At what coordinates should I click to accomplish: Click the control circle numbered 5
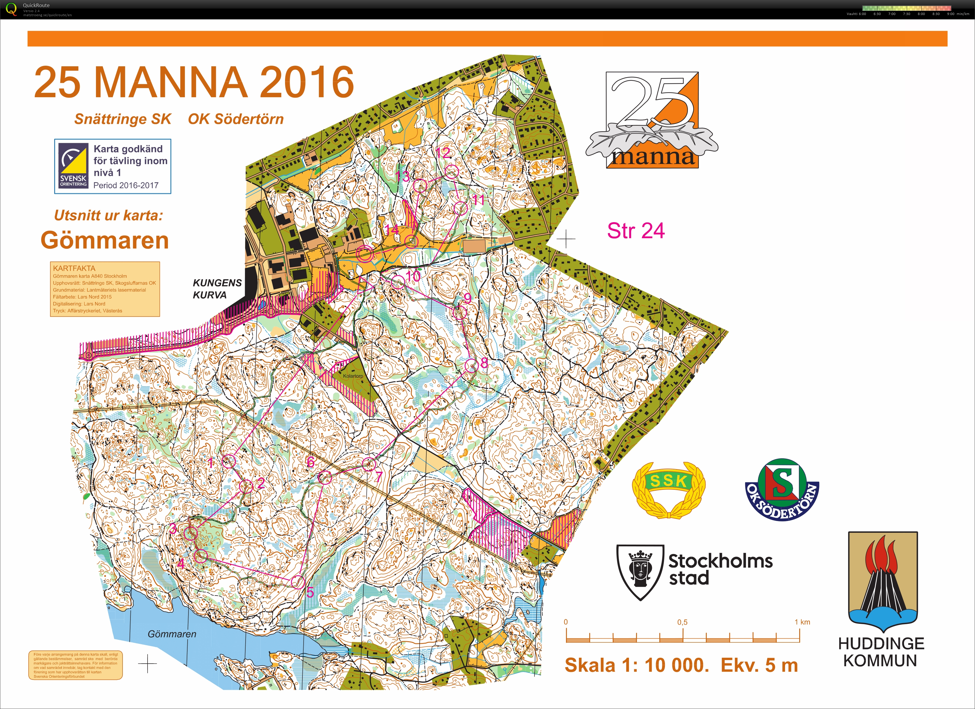tap(297, 582)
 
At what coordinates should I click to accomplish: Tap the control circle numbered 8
tap(471, 366)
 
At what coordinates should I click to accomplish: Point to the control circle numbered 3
tap(191, 533)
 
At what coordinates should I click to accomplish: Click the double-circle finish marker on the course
tap(365, 253)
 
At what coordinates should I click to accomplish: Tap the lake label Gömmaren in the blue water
tap(172, 634)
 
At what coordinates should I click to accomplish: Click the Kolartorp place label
tap(352, 376)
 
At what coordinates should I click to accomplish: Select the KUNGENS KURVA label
tap(217, 289)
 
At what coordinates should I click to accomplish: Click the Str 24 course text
tap(635, 231)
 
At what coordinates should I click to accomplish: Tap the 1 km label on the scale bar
tap(802, 622)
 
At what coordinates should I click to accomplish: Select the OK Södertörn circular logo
tap(782, 489)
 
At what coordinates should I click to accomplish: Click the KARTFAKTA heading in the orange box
tap(74, 268)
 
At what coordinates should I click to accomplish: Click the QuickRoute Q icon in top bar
tap(11, 9)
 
